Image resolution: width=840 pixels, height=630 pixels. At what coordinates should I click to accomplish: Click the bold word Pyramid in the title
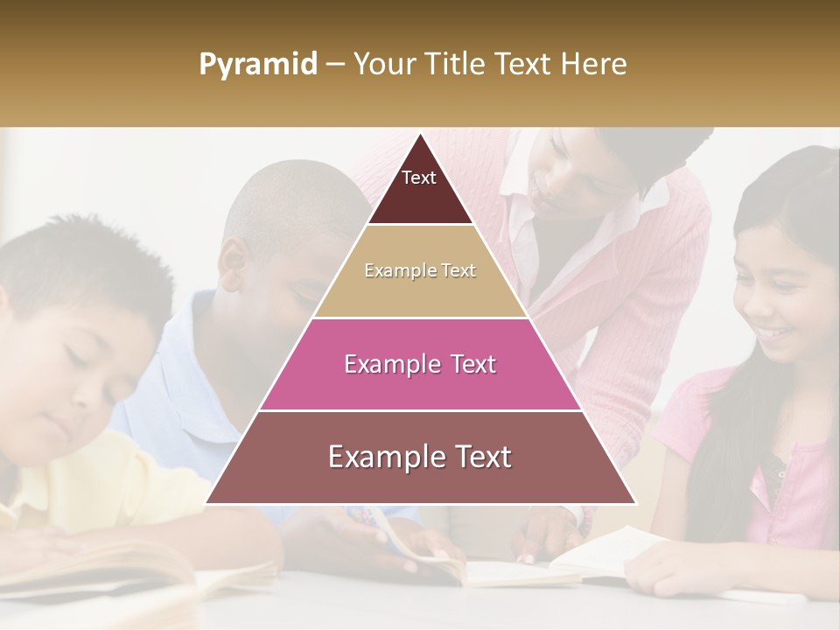pyautogui.click(x=257, y=65)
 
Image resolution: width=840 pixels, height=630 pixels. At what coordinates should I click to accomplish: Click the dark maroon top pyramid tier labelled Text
pyautogui.click(x=419, y=188)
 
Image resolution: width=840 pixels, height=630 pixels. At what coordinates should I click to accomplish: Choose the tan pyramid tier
pyautogui.click(x=420, y=271)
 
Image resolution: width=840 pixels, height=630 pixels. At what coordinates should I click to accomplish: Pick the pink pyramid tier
pyautogui.click(x=420, y=364)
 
